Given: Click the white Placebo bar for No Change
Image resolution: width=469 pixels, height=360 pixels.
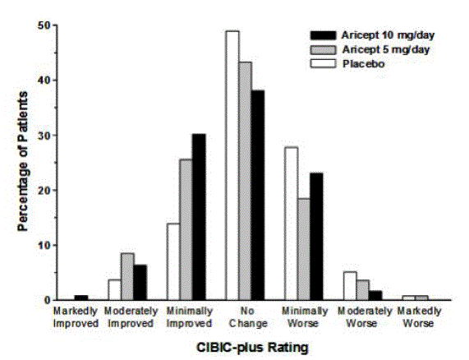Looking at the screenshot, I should tap(232, 164).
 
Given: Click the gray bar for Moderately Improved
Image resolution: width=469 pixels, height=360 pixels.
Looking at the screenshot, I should tap(127, 277).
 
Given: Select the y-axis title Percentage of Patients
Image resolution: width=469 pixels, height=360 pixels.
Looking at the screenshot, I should tap(24, 163).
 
